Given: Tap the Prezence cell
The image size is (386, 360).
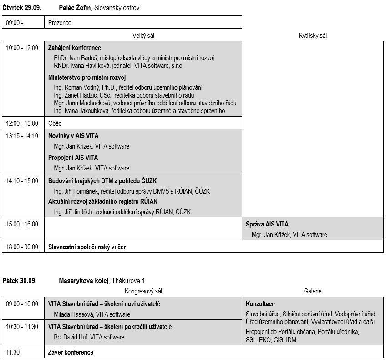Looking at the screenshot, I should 60,23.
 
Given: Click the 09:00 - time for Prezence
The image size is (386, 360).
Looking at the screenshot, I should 15,23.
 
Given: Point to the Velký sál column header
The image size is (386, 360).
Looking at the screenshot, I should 144,36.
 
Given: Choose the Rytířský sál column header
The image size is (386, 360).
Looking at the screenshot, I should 312,36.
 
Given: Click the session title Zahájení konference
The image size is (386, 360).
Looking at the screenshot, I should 75,48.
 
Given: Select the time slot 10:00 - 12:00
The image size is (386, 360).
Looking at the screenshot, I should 22,48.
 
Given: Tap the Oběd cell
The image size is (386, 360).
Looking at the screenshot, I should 55,123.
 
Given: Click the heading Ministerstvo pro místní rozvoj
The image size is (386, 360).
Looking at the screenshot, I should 86,77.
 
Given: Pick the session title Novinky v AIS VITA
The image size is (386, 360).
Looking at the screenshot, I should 73,136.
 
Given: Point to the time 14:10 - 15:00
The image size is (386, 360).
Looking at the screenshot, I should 22,181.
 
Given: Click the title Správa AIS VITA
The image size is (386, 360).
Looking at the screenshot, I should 267,224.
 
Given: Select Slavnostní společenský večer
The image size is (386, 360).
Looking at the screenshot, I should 87,247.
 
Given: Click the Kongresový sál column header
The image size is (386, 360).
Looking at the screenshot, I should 143,291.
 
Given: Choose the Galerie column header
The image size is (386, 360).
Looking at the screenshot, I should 313,291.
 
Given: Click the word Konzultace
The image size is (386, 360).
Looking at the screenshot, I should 260,304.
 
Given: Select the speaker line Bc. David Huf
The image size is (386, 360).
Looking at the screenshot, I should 89,337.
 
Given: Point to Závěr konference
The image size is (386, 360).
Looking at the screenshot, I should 71,352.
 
